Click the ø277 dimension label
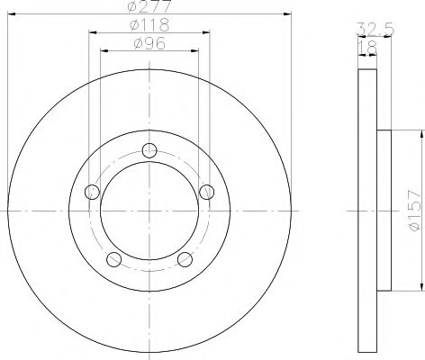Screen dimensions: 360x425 coord(149,8)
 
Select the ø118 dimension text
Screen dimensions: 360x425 coord(149,25)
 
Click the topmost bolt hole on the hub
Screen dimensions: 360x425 coord(149,149)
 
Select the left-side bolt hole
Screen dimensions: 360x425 coord(90,191)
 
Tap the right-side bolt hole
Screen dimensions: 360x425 coord(207,191)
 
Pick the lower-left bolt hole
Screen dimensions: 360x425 coord(113,260)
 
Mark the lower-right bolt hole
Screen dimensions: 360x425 coord(185,260)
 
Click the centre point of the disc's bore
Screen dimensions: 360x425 coord(149,211)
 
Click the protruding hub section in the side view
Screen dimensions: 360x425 coord(384,211)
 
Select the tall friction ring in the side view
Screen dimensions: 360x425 coord(366,211)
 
